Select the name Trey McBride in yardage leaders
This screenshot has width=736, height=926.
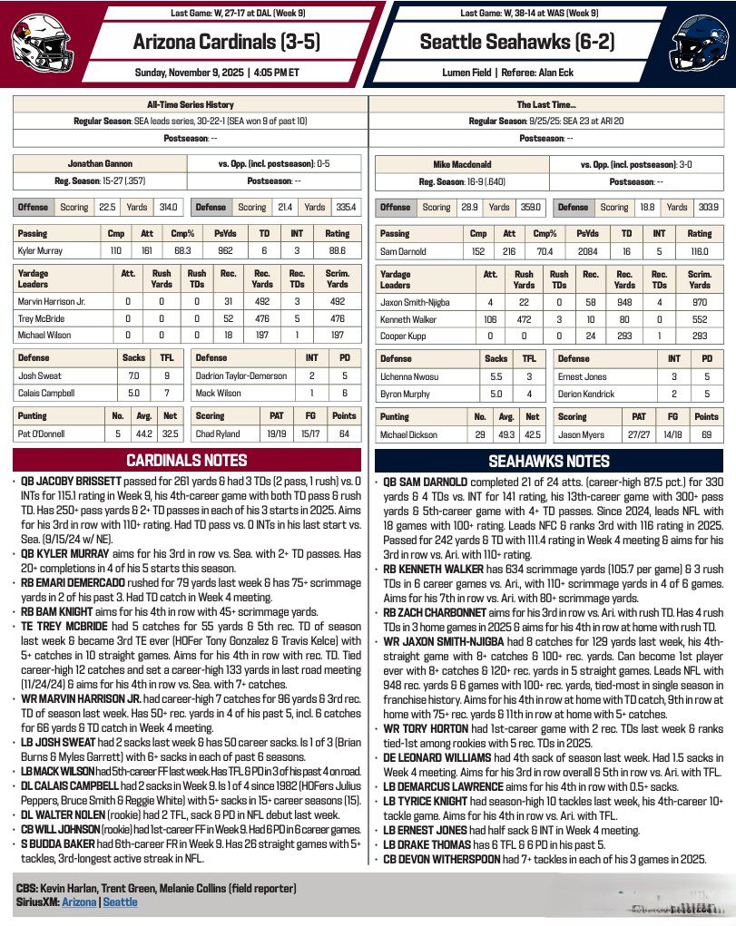pyautogui.click(x=39, y=318)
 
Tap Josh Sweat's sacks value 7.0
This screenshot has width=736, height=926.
pyautogui.click(x=133, y=374)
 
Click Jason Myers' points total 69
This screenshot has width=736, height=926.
pyautogui.click(x=706, y=434)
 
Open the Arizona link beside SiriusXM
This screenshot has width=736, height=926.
pyautogui.click(x=80, y=902)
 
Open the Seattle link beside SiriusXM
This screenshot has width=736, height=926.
pyautogui.click(x=120, y=902)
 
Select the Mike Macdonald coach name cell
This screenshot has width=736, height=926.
pyautogui.click(x=461, y=164)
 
